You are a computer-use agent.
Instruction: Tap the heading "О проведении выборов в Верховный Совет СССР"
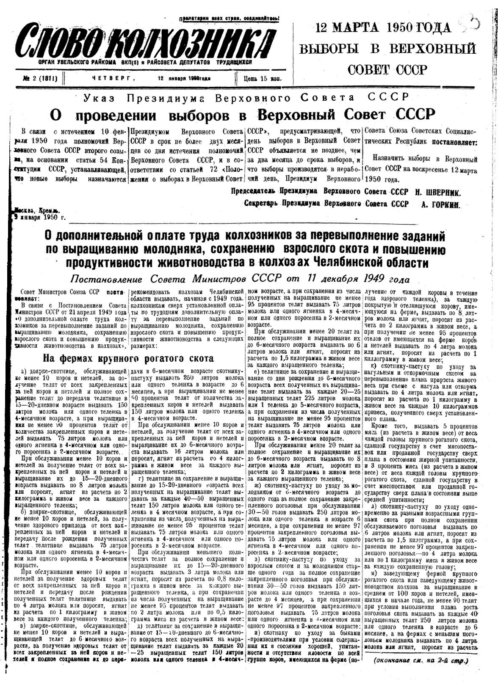(243, 115)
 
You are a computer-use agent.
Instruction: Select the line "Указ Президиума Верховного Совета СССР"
(246, 97)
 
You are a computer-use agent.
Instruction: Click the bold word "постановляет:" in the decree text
(456, 142)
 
